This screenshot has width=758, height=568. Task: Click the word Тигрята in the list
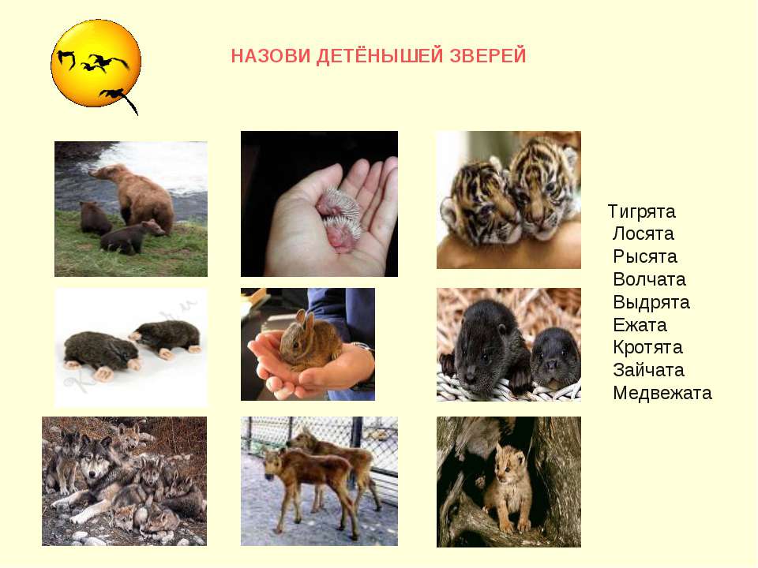[641, 211]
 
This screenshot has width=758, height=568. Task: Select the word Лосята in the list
[643, 234]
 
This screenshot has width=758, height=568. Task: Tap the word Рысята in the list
[644, 257]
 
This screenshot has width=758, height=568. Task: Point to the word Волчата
[649, 280]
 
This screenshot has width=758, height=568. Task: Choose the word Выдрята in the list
[651, 303]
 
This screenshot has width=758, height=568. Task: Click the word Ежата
[640, 325]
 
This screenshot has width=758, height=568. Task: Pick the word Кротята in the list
[647, 348]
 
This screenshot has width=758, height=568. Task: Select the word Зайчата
[648, 371]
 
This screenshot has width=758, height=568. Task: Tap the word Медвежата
[662, 393]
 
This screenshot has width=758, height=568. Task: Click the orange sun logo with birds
[96, 64]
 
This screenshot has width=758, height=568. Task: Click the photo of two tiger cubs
[508, 200]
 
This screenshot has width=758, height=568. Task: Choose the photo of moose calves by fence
[319, 481]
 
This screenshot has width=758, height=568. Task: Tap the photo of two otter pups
[508, 345]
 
